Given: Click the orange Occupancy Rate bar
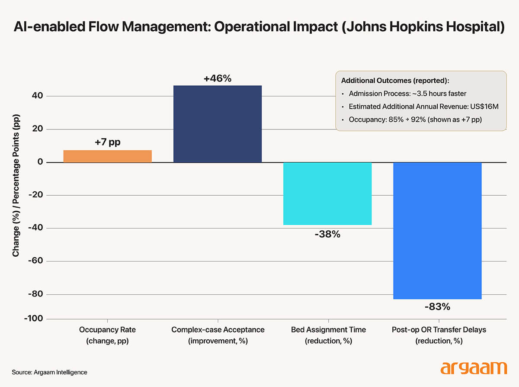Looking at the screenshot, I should click(107, 156).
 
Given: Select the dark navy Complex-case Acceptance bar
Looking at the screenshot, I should click(218, 124).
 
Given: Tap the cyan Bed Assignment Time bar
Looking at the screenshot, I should click(327, 193).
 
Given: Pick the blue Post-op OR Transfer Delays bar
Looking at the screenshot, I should click(437, 230).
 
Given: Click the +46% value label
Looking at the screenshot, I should click(218, 79).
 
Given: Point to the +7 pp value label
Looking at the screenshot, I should click(108, 142).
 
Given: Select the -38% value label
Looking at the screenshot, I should click(327, 235).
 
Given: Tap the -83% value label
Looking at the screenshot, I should click(437, 307).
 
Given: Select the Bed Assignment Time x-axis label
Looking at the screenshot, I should click(328, 335).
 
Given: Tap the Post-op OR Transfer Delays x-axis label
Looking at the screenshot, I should click(439, 335).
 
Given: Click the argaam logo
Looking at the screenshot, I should click(474, 368).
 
